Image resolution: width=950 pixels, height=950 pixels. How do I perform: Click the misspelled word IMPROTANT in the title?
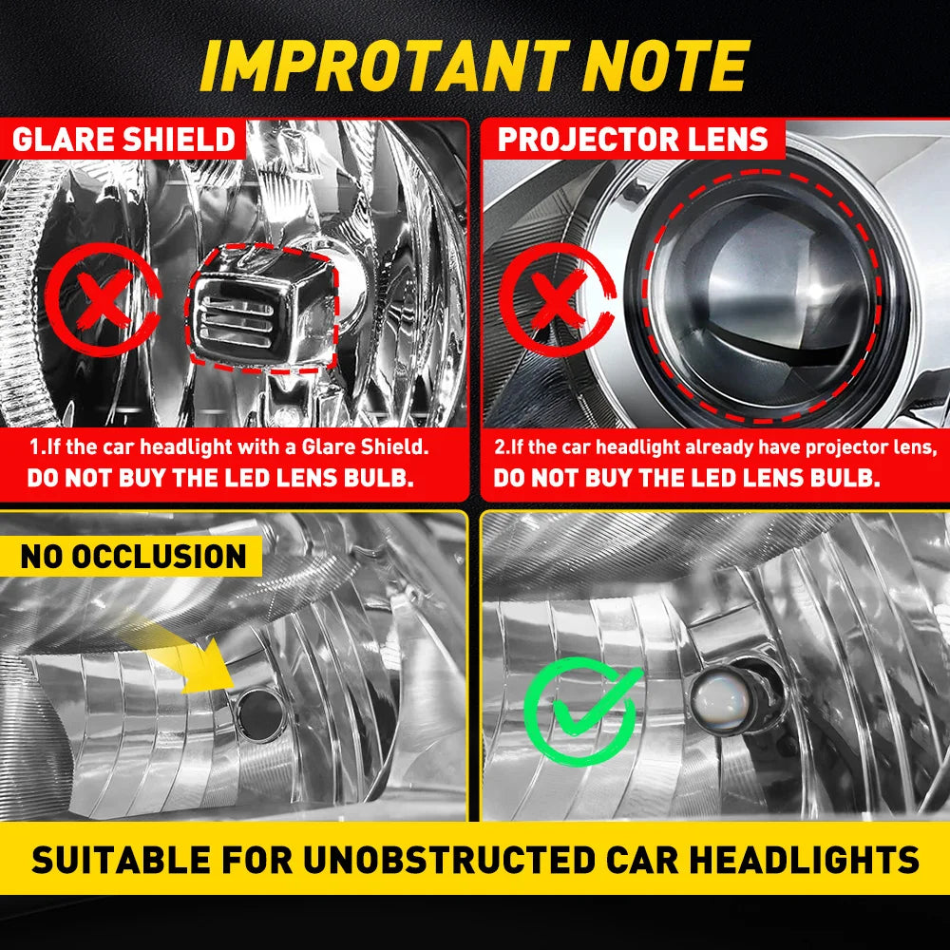[385, 66]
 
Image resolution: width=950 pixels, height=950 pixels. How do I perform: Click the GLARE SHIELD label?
[123, 140]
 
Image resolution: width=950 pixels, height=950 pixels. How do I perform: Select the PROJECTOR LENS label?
[633, 140]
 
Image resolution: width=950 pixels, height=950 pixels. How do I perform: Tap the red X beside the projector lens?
[558, 299]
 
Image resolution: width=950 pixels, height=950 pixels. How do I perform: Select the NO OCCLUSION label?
[133, 556]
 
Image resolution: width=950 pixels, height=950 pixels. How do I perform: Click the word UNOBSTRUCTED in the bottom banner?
[449, 859]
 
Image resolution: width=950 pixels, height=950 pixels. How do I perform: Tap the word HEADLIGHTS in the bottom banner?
[805, 859]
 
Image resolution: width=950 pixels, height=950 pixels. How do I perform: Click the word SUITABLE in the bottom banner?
[122, 859]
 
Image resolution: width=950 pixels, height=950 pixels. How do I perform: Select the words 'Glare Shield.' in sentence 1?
[366, 447]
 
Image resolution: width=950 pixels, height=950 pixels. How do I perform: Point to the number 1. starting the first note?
[37, 447]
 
